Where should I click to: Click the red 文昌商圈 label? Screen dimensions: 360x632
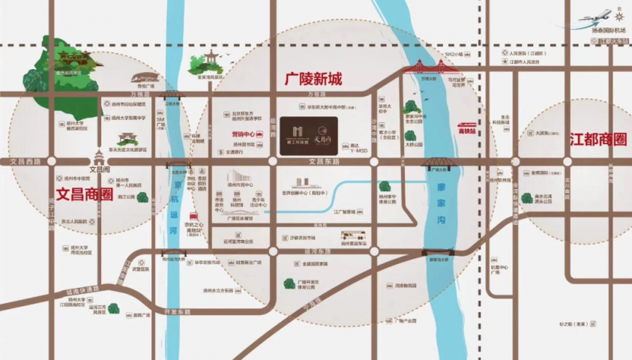click(x=84, y=193)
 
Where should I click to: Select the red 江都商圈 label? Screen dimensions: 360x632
click(x=598, y=139)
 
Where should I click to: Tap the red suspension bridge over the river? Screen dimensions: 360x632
click(x=424, y=70)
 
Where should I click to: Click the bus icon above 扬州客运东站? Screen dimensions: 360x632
click(x=352, y=235)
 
